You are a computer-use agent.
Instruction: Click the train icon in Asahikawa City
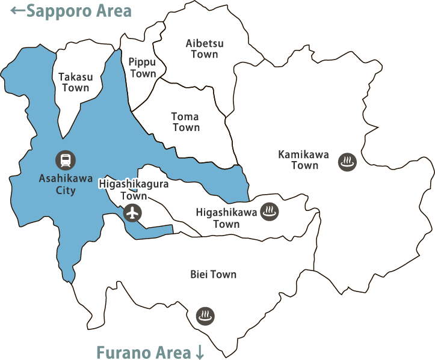(x=66, y=159)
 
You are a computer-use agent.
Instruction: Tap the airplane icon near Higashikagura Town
(x=132, y=212)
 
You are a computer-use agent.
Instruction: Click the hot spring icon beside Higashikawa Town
(x=269, y=212)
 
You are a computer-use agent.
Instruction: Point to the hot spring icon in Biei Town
(x=206, y=315)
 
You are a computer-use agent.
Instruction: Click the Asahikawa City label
(x=66, y=184)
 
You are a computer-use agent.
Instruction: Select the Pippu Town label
(x=143, y=67)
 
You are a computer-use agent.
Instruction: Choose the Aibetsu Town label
(x=205, y=49)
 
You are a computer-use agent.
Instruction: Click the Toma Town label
(x=185, y=121)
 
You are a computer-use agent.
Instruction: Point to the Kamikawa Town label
(x=304, y=160)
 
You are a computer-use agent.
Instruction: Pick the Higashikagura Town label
(x=133, y=190)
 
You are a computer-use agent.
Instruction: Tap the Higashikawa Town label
(x=226, y=218)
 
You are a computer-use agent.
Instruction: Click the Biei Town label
(x=213, y=275)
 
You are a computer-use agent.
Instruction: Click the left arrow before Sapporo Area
(x=18, y=10)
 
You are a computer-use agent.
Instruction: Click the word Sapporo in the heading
(x=61, y=11)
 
